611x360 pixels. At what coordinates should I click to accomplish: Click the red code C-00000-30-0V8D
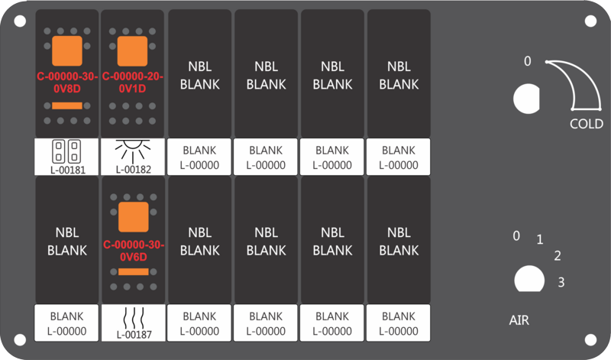[67, 83]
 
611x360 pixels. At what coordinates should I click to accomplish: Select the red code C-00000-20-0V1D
[132, 83]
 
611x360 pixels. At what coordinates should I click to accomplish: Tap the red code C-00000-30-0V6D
[134, 251]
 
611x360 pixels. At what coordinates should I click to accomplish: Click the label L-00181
[68, 170]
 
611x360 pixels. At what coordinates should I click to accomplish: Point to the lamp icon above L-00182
[133, 151]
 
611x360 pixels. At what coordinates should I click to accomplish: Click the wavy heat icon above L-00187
[134, 318]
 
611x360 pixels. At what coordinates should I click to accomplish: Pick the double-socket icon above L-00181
[66, 151]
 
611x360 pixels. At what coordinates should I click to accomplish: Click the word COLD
[586, 124]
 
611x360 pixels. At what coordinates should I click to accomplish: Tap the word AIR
[519, 320]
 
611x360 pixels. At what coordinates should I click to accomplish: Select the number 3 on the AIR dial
[561, 282]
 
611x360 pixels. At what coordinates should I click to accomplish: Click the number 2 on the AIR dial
[558, 256]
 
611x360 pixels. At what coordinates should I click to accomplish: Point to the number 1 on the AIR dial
[540, 239]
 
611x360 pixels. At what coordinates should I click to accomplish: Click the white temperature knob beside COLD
[526, 99]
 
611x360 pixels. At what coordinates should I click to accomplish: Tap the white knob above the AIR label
[529, 279]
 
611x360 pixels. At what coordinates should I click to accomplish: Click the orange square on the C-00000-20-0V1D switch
[132, 51]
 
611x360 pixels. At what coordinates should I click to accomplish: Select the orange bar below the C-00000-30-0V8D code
[67, 105]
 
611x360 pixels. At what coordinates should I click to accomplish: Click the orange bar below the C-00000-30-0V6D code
[133, 272]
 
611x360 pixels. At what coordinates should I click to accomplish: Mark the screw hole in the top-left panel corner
[20, 21]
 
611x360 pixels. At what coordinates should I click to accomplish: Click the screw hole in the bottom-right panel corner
[590, 339]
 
